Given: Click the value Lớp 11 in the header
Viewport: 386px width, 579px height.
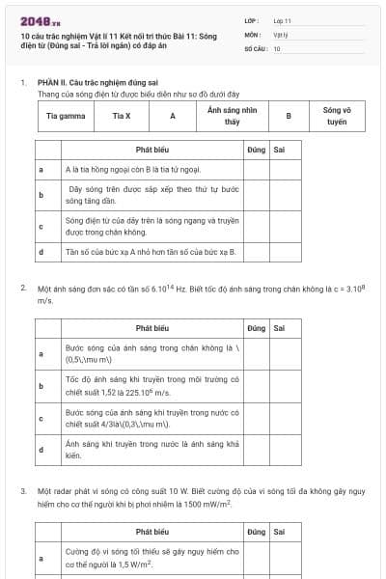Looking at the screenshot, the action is (282, 20).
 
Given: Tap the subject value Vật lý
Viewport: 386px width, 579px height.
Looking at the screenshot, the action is (280, 34).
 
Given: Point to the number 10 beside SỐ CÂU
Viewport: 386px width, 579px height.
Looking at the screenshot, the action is (277, 47).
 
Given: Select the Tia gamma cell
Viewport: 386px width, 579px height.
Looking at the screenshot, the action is (66, 116).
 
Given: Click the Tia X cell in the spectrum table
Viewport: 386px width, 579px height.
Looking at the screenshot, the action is (121, 116).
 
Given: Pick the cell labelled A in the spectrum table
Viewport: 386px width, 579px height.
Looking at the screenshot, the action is (172, 116).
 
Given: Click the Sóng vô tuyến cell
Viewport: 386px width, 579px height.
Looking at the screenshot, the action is (337, 116).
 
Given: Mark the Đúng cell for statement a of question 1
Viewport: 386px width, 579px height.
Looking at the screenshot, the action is (255, 169).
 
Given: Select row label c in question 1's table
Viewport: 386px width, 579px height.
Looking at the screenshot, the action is (41, 226).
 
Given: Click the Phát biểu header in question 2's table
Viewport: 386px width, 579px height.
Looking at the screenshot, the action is (152, 328).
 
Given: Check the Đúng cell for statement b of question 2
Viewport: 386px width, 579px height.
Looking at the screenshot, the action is (255, 386).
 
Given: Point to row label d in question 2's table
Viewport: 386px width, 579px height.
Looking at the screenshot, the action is (41, 450).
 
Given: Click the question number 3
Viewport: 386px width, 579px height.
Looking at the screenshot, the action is (23, 491).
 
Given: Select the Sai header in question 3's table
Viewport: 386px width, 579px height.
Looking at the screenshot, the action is (279, 532).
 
